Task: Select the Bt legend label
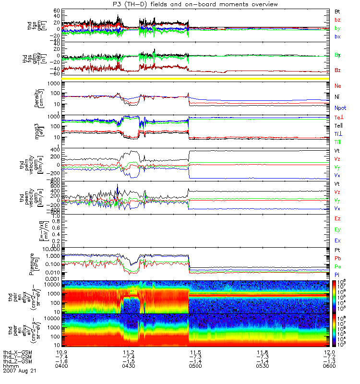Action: [337, 11]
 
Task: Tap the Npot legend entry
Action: [340, 108]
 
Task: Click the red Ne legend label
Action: [338, 86]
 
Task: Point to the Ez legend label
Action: [337, 219]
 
